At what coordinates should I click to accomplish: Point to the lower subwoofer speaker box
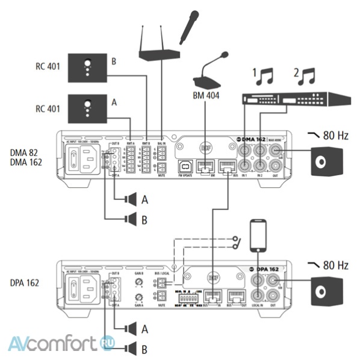pos(329,290)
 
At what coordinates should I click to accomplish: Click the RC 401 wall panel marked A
pos(87,108)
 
